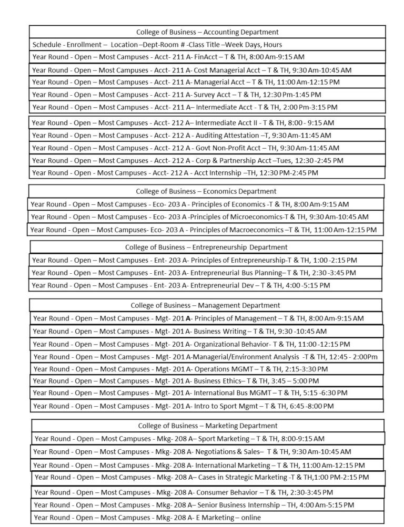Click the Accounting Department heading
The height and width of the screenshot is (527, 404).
click(x=207, y=32)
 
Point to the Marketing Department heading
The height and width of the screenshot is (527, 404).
click(x=207, y=426)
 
